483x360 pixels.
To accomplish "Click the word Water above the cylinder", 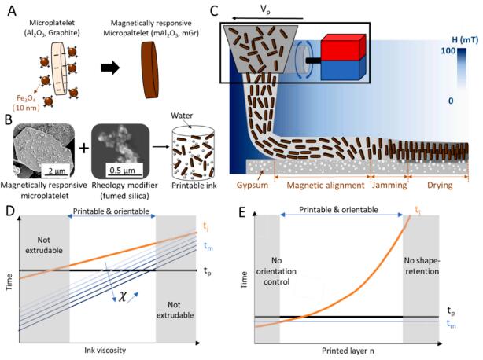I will (183, 123).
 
